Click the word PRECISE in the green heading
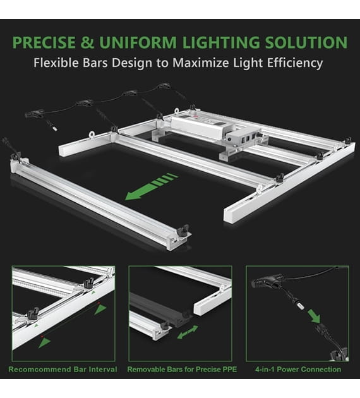44,42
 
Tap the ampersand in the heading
88,42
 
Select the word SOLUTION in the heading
306,42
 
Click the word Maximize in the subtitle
201,63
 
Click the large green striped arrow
152,186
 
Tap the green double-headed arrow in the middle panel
188,332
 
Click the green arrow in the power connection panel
314,317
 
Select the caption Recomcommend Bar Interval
63,370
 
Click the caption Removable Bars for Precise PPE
182,370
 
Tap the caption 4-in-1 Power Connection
298,370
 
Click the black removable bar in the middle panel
160,309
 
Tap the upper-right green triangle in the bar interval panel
100,310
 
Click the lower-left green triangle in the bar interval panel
44,342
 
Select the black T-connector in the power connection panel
267,282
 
